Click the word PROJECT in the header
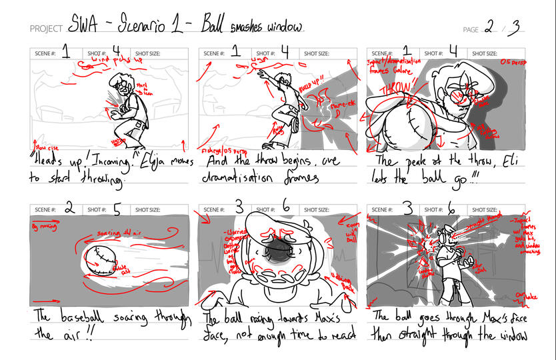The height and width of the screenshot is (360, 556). (46, 29)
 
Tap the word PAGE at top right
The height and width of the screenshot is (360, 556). (471, 29)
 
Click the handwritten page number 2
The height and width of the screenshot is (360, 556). (490, 27)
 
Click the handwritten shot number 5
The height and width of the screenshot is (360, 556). (117, 209)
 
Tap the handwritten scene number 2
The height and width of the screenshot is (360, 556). (69, 208)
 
